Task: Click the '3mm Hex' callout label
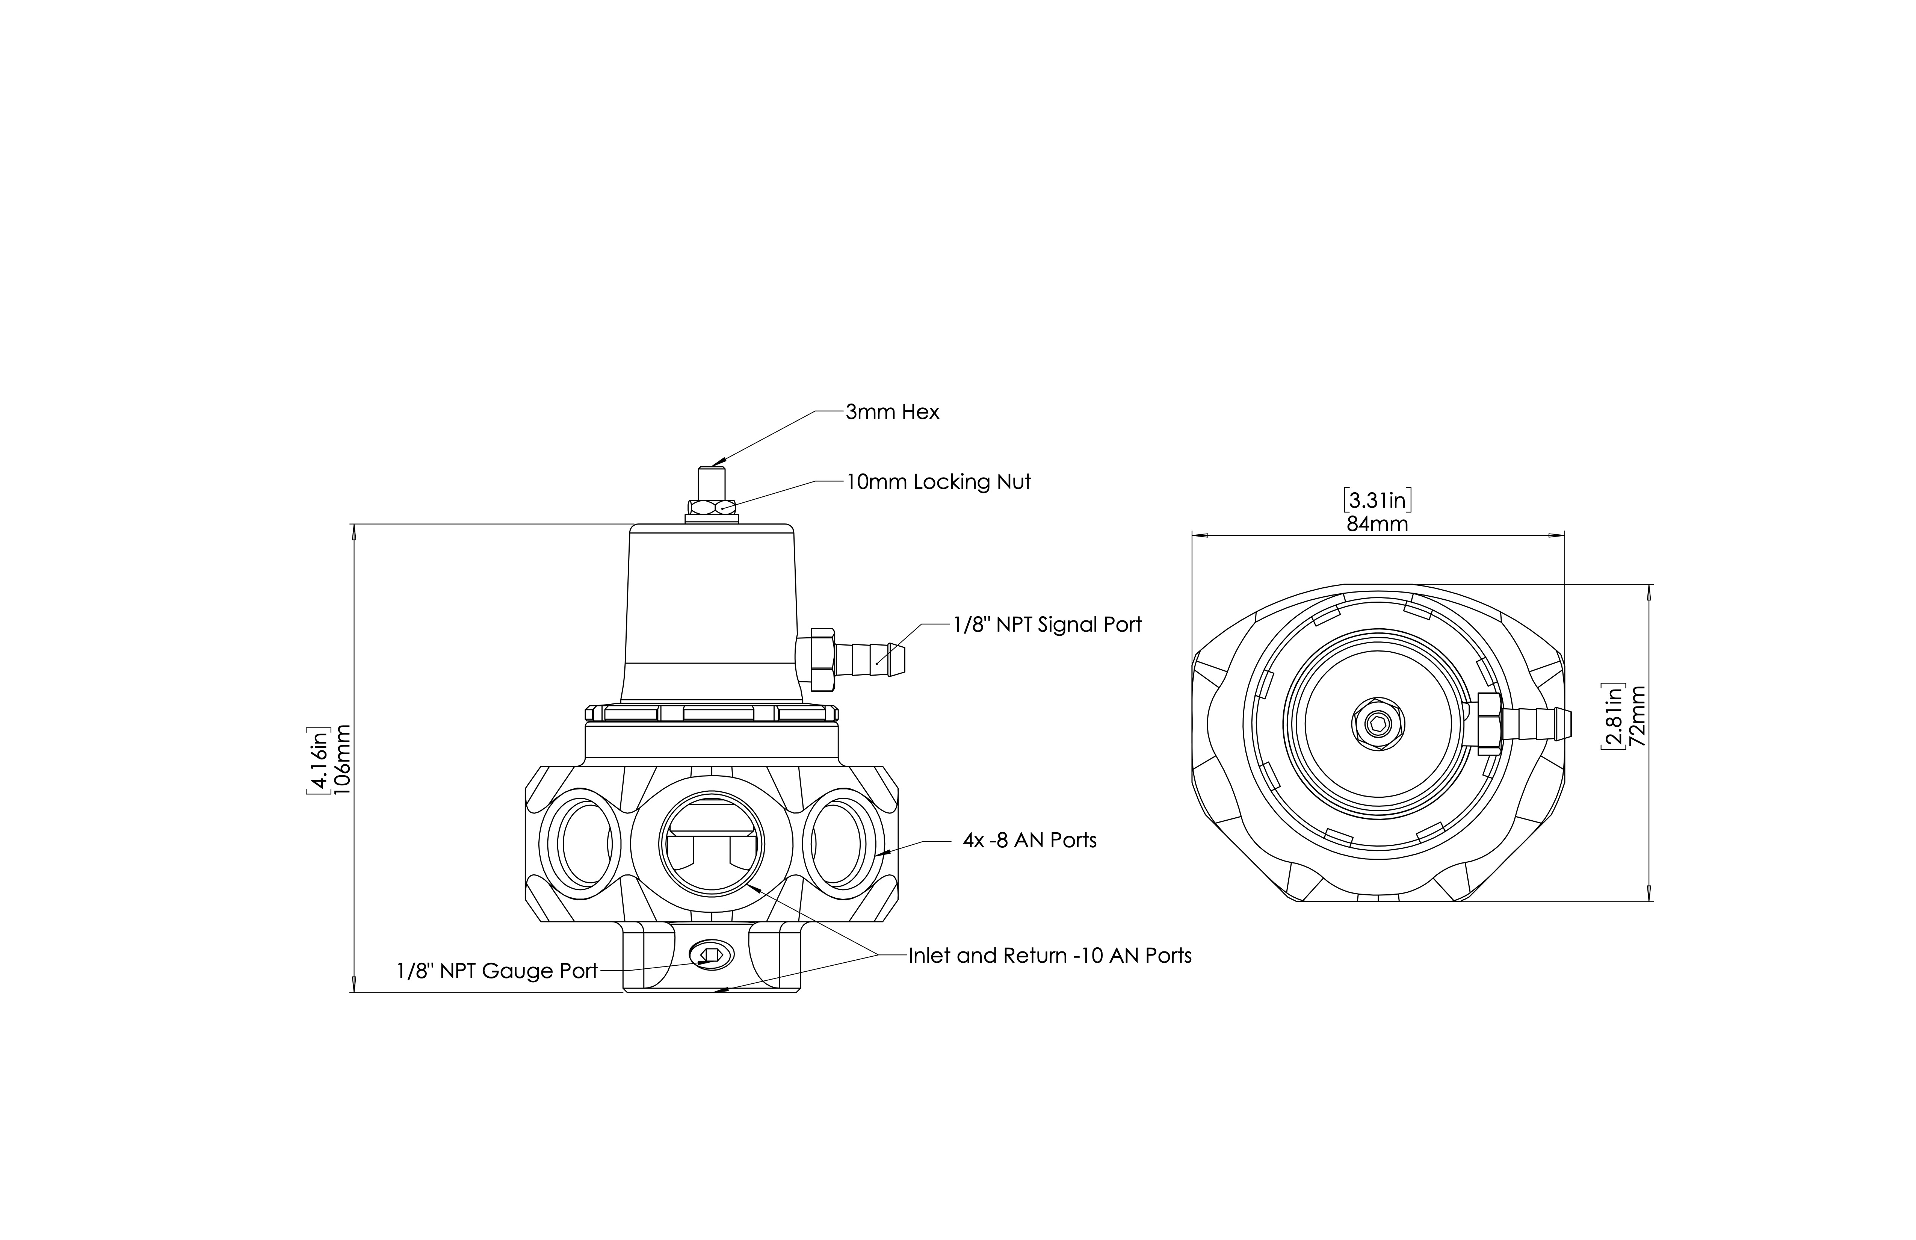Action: [x=892, y=412]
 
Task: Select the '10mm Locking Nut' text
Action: [x=938, y=482]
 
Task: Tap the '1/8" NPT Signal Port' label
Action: [x=1047, y=625]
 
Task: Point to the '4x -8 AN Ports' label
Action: [x=1030, y=841]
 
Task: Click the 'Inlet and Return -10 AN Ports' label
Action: [x=1050, y=956]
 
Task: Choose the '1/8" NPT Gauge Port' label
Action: [x=497, y=971]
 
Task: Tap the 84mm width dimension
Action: [x=1377, y=524]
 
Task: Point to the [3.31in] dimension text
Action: [x=1377, y=501]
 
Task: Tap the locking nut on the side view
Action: [x=712, y=507]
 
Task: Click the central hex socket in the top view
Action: [x=1378, y=724]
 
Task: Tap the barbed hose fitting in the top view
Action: [x=1534, y=721]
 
